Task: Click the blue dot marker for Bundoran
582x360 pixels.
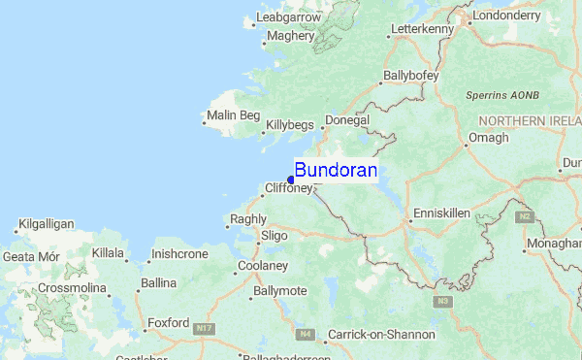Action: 291,180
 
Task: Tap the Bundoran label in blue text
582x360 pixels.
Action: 336,169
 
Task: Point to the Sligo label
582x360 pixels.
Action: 275,235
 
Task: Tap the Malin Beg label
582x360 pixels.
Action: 235,115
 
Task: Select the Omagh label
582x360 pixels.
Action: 488,138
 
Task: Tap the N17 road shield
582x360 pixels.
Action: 203,329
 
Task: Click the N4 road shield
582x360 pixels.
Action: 306,334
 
